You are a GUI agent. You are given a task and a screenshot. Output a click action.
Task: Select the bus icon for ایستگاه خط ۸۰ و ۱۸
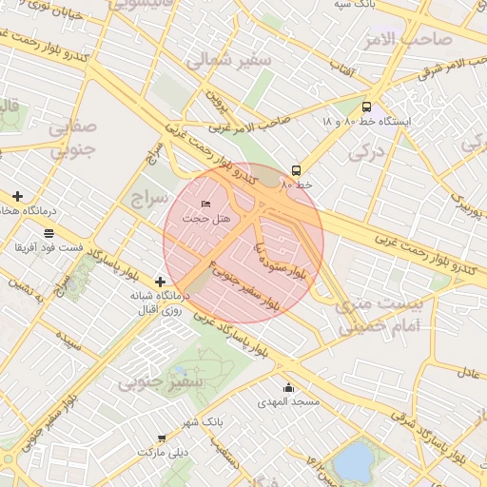pos(367,107)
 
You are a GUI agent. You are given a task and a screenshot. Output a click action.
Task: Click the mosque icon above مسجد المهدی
pos(289,387)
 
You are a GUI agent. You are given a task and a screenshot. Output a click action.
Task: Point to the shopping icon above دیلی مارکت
pos(162,438)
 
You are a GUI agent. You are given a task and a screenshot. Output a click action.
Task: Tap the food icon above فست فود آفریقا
pos(49,233)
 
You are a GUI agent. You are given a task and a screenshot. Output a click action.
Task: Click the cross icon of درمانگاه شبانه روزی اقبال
pos(160,282)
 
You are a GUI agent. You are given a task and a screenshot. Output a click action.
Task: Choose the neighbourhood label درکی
pos(365,149)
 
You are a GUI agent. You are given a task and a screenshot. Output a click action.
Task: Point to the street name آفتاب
pos(342,70)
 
